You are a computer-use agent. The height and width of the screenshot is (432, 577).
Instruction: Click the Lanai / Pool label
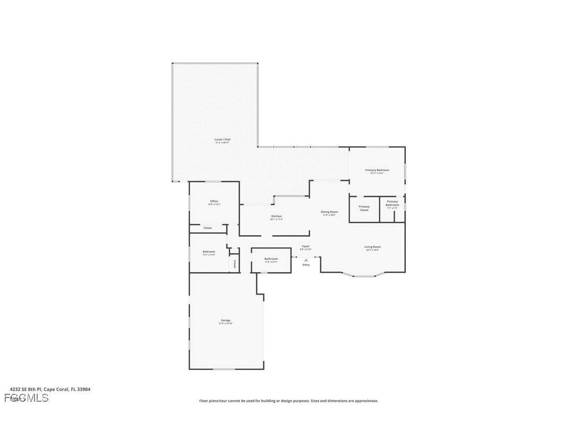coord(223,140)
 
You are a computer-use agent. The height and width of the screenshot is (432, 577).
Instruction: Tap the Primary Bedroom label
coord(377,170)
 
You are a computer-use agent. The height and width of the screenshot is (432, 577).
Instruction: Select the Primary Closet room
coord(364,209)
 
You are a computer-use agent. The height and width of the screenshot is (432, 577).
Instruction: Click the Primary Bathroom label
coord(392,203)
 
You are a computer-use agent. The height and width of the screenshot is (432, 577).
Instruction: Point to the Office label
coord(214,201)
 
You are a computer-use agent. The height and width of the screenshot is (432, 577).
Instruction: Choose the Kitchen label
coord(276,216)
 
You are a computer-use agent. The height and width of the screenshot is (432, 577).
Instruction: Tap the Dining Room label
coord(329,212)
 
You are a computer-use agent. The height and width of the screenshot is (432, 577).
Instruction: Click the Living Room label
coord(372,247)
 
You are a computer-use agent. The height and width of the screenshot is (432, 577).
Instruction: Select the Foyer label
coord(306,246)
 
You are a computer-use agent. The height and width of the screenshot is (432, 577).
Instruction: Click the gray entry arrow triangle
coord(306,260)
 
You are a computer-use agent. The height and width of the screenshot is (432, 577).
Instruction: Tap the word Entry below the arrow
coord(306,265)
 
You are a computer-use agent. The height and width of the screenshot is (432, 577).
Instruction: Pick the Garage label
coord(225,320)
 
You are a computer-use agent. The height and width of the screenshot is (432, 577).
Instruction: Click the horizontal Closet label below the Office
coord(207,228)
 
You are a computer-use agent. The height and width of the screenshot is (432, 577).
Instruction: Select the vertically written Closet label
coord(234,264)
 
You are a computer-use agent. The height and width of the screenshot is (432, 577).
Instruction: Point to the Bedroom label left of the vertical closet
coord(208,252)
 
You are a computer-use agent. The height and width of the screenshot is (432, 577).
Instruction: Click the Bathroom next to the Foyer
coord(271,259)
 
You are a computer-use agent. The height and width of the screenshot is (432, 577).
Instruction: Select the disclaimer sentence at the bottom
coord(288,401)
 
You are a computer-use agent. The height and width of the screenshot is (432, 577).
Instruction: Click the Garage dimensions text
coord(225,323)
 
